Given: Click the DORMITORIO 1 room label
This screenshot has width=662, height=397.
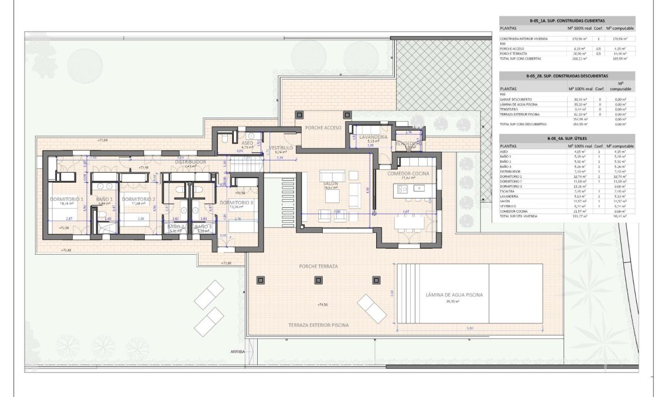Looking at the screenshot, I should tap(66, 199).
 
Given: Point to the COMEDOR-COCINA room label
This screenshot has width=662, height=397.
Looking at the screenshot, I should tap(408, 174).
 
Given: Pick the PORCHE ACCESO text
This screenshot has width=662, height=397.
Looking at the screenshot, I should tap(320, 127).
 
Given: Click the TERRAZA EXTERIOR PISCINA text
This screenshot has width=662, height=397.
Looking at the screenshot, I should tap(319, 324).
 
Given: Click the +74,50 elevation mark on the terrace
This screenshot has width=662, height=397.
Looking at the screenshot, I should tap(321, 305).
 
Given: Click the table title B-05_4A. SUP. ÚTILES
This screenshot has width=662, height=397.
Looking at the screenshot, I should tap(566, 139).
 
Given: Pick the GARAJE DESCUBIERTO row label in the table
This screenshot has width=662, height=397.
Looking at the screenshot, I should tap(516, 99).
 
